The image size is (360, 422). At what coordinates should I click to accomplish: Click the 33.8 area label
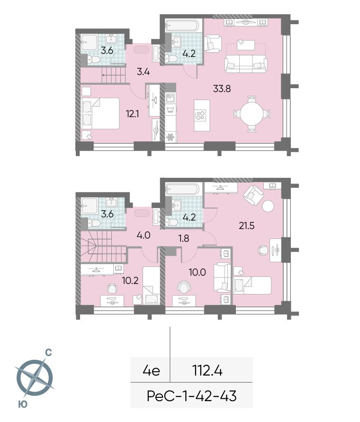pos(222,89)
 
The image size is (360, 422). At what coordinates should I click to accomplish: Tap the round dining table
pos(252,114)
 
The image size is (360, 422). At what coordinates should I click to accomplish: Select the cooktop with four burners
pos(200,115)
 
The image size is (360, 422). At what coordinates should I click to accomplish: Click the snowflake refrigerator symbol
pos(170,137)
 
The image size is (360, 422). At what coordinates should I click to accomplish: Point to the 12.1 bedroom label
pos(132,114)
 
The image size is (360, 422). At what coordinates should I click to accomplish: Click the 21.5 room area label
pos(246,226)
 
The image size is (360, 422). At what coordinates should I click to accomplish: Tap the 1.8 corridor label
pos(184,238)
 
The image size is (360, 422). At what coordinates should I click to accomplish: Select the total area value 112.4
pos(207,371)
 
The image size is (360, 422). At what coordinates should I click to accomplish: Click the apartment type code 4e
pos(152,371)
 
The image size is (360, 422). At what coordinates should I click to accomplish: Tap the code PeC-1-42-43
pos(192,396)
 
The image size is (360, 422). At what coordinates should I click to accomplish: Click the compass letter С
pos(48,352)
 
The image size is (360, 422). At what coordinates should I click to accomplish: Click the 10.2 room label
pos(130,281)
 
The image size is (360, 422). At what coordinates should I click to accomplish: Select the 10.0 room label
pos(198,272)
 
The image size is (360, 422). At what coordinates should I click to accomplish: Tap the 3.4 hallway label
pos(144,72)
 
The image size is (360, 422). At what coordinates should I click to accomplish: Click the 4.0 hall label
pos(144,235)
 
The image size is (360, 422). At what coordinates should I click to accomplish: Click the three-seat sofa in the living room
pos(246,64)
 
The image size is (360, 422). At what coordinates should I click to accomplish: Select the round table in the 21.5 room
pos(268,207)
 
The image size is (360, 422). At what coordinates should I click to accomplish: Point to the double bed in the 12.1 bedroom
pos(100,113)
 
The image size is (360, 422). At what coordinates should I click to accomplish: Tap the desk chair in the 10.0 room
pos(184,287)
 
